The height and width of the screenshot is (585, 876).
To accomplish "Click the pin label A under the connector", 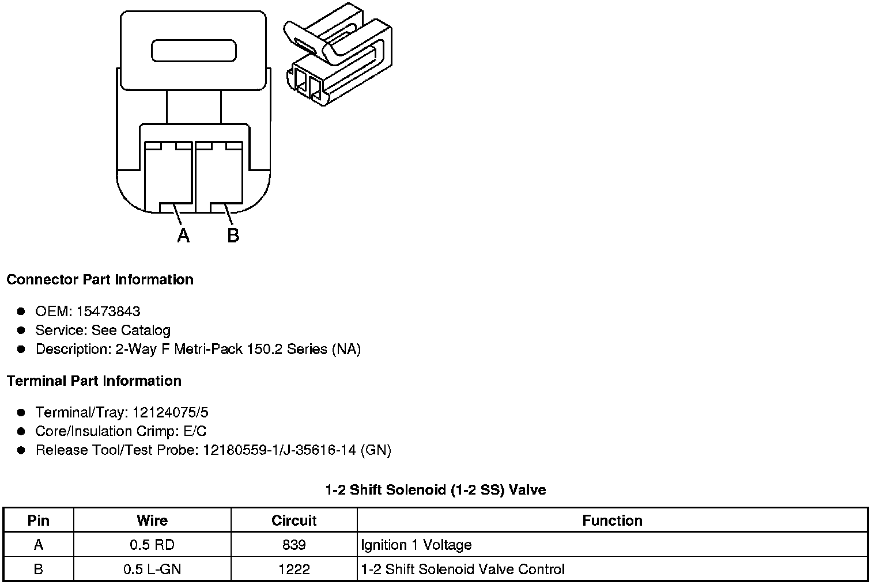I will pyautogui.click(x=183, y=235).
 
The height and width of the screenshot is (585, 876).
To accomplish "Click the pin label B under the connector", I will pyautogui.click(x=233, y=235).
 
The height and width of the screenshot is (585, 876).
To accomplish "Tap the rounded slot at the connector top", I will pyautogui.click(x=194, y=51).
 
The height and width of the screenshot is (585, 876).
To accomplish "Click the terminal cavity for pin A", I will pyautogui.click(x=168, y=176).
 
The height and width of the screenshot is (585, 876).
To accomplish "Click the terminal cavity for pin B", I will pyautogui.click(x=218, y=176).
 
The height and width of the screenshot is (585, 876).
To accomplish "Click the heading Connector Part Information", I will pyautogui.click(x=100, y=280).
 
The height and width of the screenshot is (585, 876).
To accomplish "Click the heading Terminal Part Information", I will pyautogui.click(x=94, y=381).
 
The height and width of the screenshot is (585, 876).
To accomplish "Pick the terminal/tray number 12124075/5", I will pyautogui.click(x=171, y=413).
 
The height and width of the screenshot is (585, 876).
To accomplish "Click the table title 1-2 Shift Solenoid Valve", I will pyautogui.click(x=436, y=490).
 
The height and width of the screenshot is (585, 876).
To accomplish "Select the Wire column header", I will pyautogui.click(x=152, y=521).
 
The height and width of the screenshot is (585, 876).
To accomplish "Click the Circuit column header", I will pyautogui.click(x=294, y=521).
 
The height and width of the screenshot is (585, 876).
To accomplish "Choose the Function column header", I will pyautogui.click(x=612, y=521).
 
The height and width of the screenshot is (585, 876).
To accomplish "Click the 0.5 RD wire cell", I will pyautogui.click(x=152, y=545).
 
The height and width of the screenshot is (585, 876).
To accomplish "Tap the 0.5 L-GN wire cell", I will pyautogui.click(x=152, y=569).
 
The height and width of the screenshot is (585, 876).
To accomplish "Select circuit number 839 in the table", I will pyautogui.click(x=294, y=545).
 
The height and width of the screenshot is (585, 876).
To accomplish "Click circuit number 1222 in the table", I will pyautogui.click(x=294, y=569).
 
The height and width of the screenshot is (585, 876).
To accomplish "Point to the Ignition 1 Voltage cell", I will pyautogui.click(x=416, y=545).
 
